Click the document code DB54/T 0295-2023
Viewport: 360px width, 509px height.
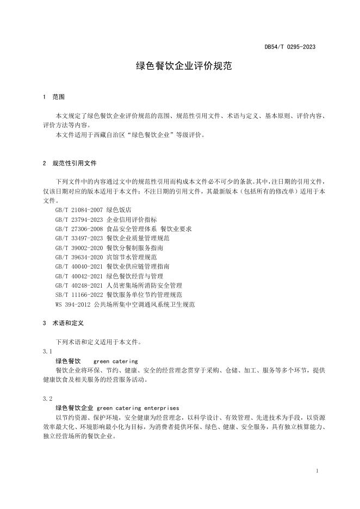(x=289, y=47)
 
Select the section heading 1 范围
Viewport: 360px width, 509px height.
(x=53, y=97)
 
